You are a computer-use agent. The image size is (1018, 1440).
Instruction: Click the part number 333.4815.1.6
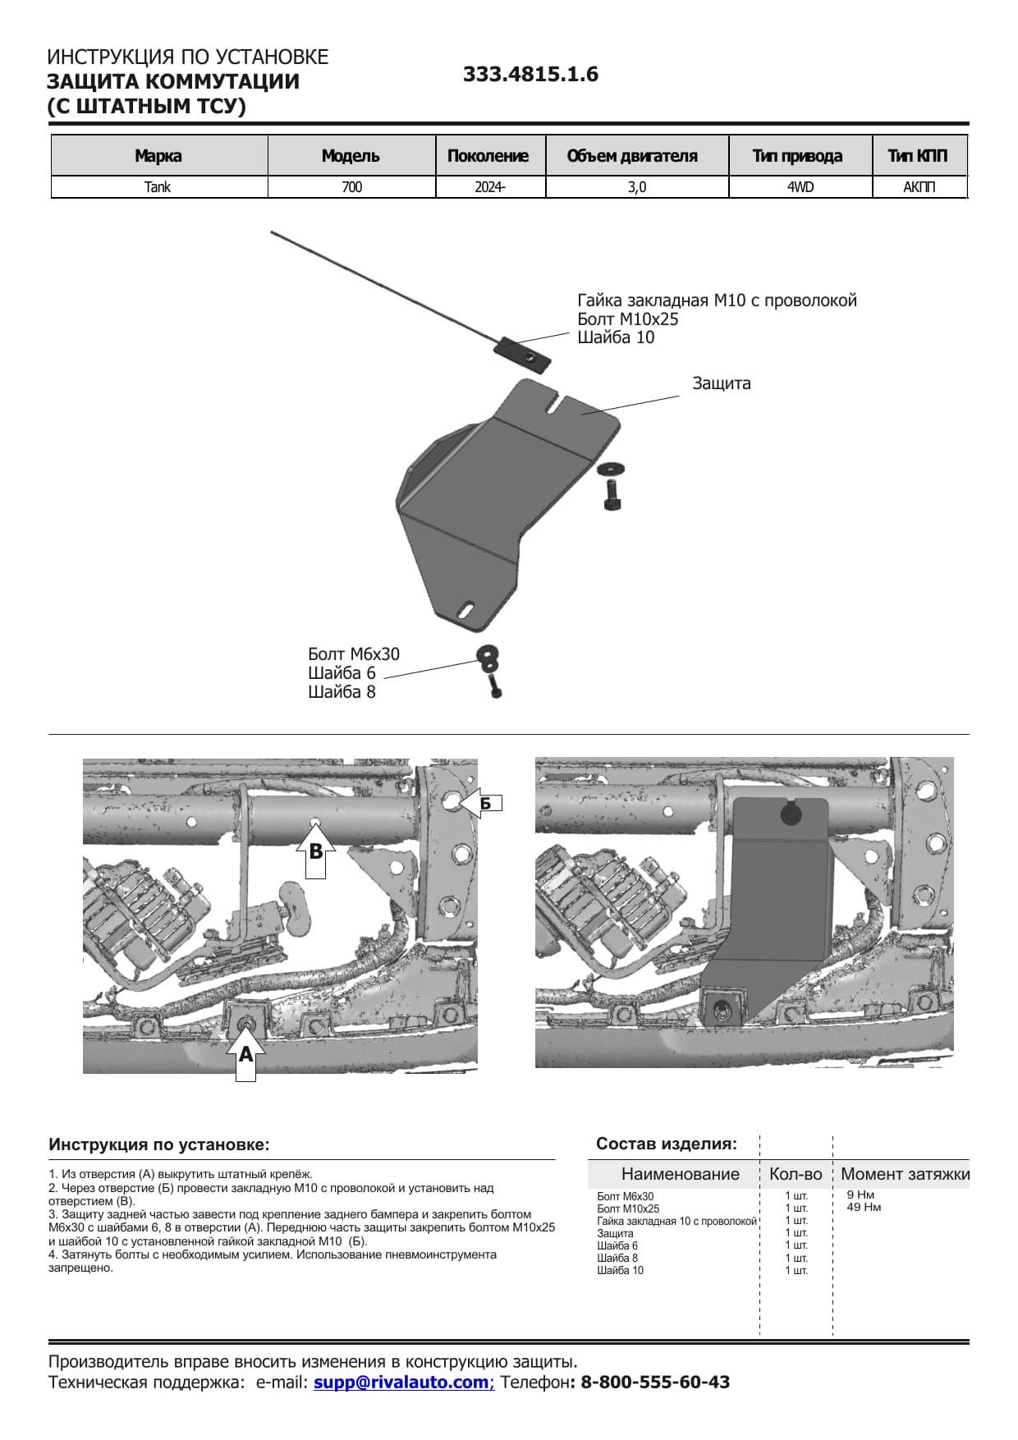[x=530, y=75]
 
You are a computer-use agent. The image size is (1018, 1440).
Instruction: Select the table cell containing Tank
[x=158, y=187]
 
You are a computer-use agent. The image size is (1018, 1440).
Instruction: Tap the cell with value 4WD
[x=800, y=187]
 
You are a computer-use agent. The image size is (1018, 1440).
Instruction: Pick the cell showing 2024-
[x=489, y=187]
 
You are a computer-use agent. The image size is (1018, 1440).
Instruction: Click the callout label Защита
[x=721, y=383]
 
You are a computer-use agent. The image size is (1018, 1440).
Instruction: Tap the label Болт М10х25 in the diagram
[x=628, y=319]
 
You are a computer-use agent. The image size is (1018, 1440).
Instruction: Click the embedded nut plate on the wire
[x=522, y=354]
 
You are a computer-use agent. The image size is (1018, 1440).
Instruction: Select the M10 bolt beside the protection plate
[x=612, y=493]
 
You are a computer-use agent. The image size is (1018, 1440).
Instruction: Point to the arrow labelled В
[x=315, y=851]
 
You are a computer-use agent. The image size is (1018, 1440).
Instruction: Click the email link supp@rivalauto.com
[x=402, y=1382]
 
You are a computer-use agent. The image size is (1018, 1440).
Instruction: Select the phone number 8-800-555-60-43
[x=655, y=1382]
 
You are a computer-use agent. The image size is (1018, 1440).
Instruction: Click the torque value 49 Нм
[x=864, y=1207]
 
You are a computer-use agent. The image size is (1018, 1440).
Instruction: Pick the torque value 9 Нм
[x=860, y=1195]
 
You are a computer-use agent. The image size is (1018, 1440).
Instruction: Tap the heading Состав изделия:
[x=666, y=1144]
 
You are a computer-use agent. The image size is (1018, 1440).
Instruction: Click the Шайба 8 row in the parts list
[x=617, y=1258]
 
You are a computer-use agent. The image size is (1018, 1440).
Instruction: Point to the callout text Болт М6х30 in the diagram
[x=354, y=654]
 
